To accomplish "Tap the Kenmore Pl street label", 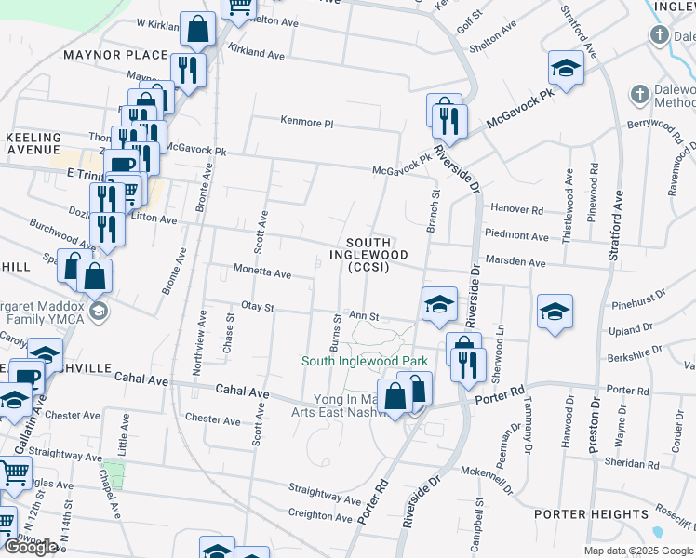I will pyautogui.click(x=307, y=122).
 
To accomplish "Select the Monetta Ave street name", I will pyautogui.click(x=261, y=274).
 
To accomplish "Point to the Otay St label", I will pyautogui.click(x=258, y=307).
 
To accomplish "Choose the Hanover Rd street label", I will pyautogui.click(x=516, y=210).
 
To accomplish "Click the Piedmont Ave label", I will pyautogui.click(x=517, y=236).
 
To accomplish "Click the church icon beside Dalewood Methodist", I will pyautogui.click(x=639, y=94).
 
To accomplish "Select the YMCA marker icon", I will pyautogui.click(x=98, y=311).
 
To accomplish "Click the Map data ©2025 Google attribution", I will pyautogui.click(x=638, y=551).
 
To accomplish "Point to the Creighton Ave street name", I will pyautogui.click(x=324, y=514).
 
